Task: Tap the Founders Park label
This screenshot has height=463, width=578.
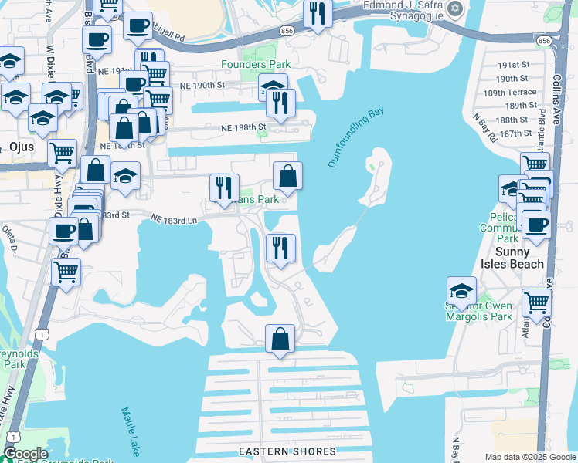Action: (x=272, y=64)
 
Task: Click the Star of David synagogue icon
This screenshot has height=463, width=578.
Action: (x=455, y=9)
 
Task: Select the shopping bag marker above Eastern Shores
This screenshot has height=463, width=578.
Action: (x=280, y=339)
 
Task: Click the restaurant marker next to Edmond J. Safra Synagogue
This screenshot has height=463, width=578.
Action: (x=318, y=13)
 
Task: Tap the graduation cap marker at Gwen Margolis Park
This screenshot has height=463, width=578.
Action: (x=461, y=291)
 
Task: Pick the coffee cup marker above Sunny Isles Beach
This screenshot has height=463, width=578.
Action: (x=535, y=225)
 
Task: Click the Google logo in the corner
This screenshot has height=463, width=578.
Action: (x=25, y=454)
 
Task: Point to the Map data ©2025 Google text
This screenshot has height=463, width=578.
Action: (x=529, y=457)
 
